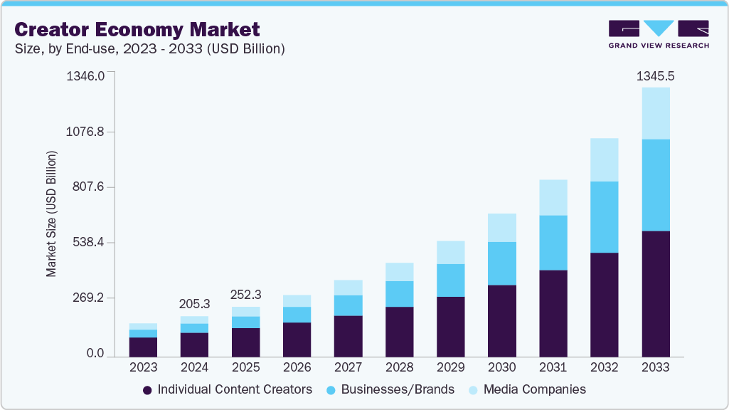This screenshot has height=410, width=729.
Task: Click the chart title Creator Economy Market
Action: point(137,29)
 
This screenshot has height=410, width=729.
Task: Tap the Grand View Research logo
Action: point(659,34)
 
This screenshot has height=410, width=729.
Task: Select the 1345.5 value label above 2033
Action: point(655,75)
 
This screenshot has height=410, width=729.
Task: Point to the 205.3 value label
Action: point(194,304)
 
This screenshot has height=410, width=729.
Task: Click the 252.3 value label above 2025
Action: point(245,294)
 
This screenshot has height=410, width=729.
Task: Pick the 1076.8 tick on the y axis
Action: point(85,132)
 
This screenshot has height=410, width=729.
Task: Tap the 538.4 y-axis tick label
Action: point(85,243)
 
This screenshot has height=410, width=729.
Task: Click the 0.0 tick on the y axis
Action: point(95,354)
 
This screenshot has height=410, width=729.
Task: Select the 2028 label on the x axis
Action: point(399,368)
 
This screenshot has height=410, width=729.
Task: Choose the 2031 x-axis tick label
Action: point(553,368)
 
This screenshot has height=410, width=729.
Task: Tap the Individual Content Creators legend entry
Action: point(228,389)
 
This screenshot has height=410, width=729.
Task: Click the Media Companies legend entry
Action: point(527,389)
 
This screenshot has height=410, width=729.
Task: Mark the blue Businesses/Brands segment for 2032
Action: point(604,217)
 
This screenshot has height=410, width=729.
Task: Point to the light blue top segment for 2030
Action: point(501,228)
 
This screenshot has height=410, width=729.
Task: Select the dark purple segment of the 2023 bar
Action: point(143,347)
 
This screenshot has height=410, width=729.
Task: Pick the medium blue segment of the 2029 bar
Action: point(450,280)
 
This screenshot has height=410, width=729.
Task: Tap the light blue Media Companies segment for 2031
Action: point(553,197)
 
